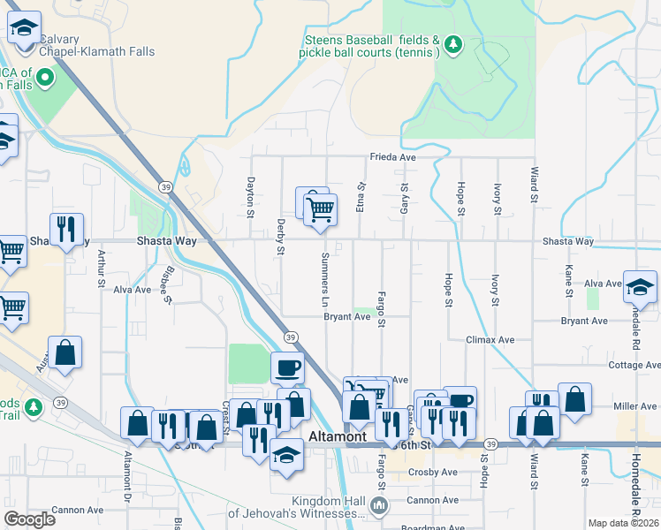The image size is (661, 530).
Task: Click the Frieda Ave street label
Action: tap(392, 157)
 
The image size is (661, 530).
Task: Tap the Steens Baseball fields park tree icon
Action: tap(453, 44)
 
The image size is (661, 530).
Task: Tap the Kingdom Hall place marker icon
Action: tap(379, 505)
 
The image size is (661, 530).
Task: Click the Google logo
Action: tap(29, 519)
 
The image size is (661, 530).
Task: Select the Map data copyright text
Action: tap(624, 523)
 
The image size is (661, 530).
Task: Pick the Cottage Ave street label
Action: tap(633, 365)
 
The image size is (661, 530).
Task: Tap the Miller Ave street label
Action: tap(635, 406)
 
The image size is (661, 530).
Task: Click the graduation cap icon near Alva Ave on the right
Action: tap(641, 287)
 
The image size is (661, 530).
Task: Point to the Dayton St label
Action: tap(251, 198)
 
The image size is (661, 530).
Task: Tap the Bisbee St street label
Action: tap(165, 284)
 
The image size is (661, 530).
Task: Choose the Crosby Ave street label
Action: tap(433, 473)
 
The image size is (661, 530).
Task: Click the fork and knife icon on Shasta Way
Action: tap(66, 230)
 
